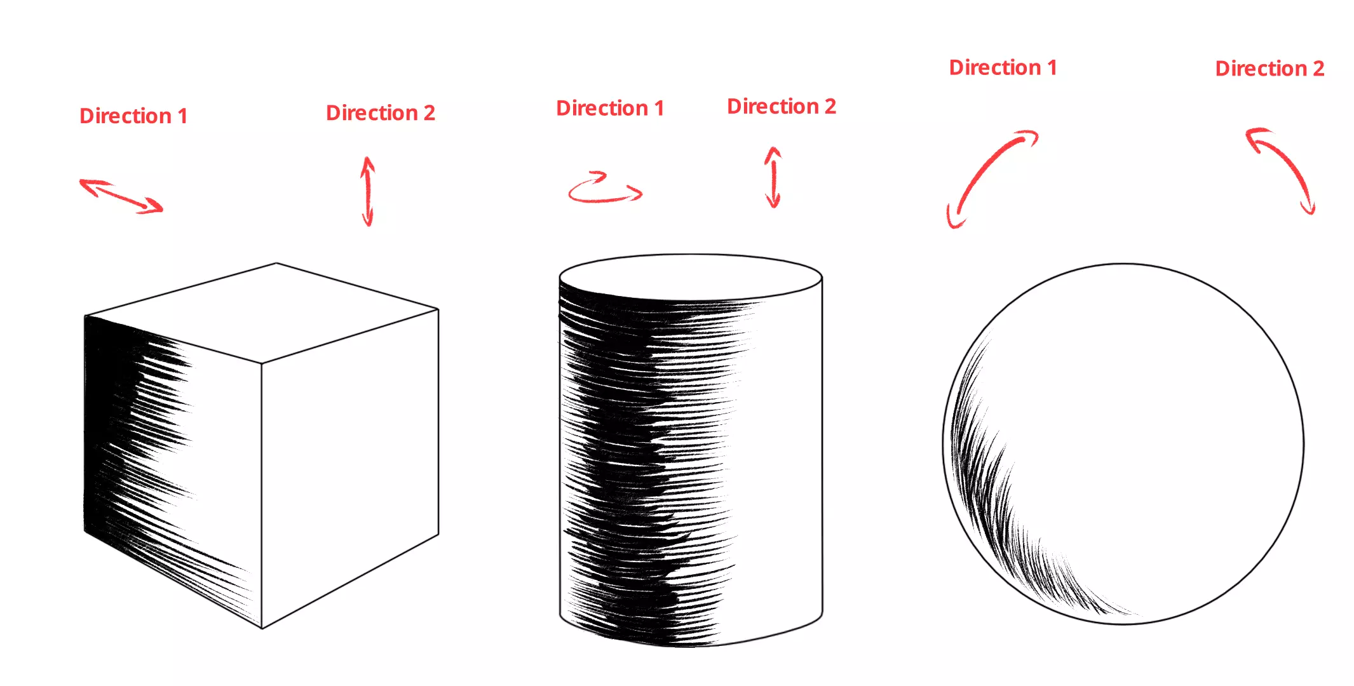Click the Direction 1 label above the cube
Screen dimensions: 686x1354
pos(133,116)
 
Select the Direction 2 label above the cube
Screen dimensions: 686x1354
pos(380,113)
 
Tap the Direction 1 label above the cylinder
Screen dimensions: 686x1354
pos(609,109)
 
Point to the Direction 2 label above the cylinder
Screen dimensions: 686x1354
pos(781,107)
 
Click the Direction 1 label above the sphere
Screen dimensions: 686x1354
pos(1002,68)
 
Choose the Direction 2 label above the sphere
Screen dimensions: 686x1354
pos(1269,69)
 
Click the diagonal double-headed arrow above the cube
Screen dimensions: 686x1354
pos(121,196)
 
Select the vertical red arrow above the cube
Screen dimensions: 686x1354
pos(367,191)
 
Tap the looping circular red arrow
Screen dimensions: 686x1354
pos(604,189)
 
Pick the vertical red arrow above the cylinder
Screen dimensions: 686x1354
pos(773,178)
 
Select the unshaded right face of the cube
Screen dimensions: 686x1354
pos(349,464)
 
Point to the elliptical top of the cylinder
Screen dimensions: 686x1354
pos(691,277)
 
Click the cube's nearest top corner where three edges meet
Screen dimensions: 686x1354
pos(262,363)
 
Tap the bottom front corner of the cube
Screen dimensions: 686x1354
pos(262,628)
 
